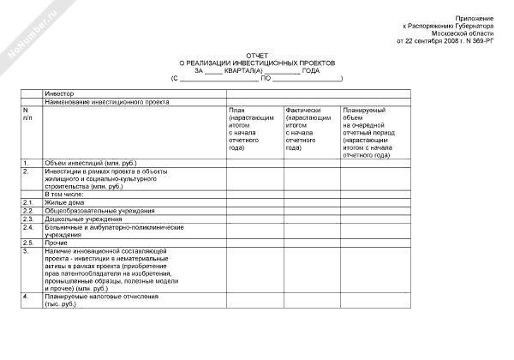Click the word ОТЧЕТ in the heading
[x=258, y=55]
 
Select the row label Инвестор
[x=60, y=93]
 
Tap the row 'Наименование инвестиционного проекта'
[x=102, y=101]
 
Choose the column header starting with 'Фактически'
[x=308, y=129]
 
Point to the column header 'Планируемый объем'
[x=368, y=133]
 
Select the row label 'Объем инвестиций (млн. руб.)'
[x=90, y=162]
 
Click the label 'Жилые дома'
[x=63, y=202]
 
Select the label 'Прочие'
[x=57, y=243]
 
